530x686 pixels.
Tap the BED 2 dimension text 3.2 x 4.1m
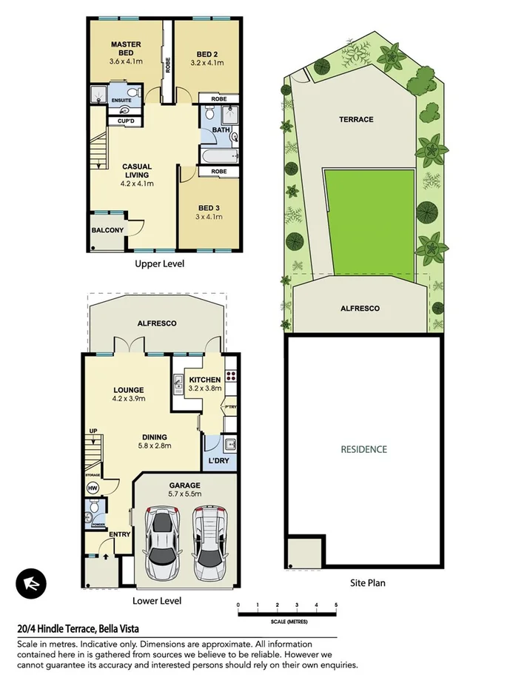(x=207, y=64)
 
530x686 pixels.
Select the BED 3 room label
(x=207, y=207)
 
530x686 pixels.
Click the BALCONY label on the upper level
(x=107, y=230)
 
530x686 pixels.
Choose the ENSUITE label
(x=121, y=100)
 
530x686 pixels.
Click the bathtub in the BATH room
(x=220, y=154)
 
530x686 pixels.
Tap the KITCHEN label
(x=204, y=380)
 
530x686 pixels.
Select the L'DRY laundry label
(x=219, y=461)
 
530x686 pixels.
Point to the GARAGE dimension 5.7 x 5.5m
(x=184, y=496)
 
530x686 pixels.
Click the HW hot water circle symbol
(x=93, y=488)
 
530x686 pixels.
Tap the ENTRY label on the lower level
(x=119, y=534)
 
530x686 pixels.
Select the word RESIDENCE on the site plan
(x=363, y=449)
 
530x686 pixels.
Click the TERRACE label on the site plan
(x=356, y=119)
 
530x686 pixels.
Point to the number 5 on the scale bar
(x=336, y=605)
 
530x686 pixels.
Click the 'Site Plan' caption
(x=367, y=582)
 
